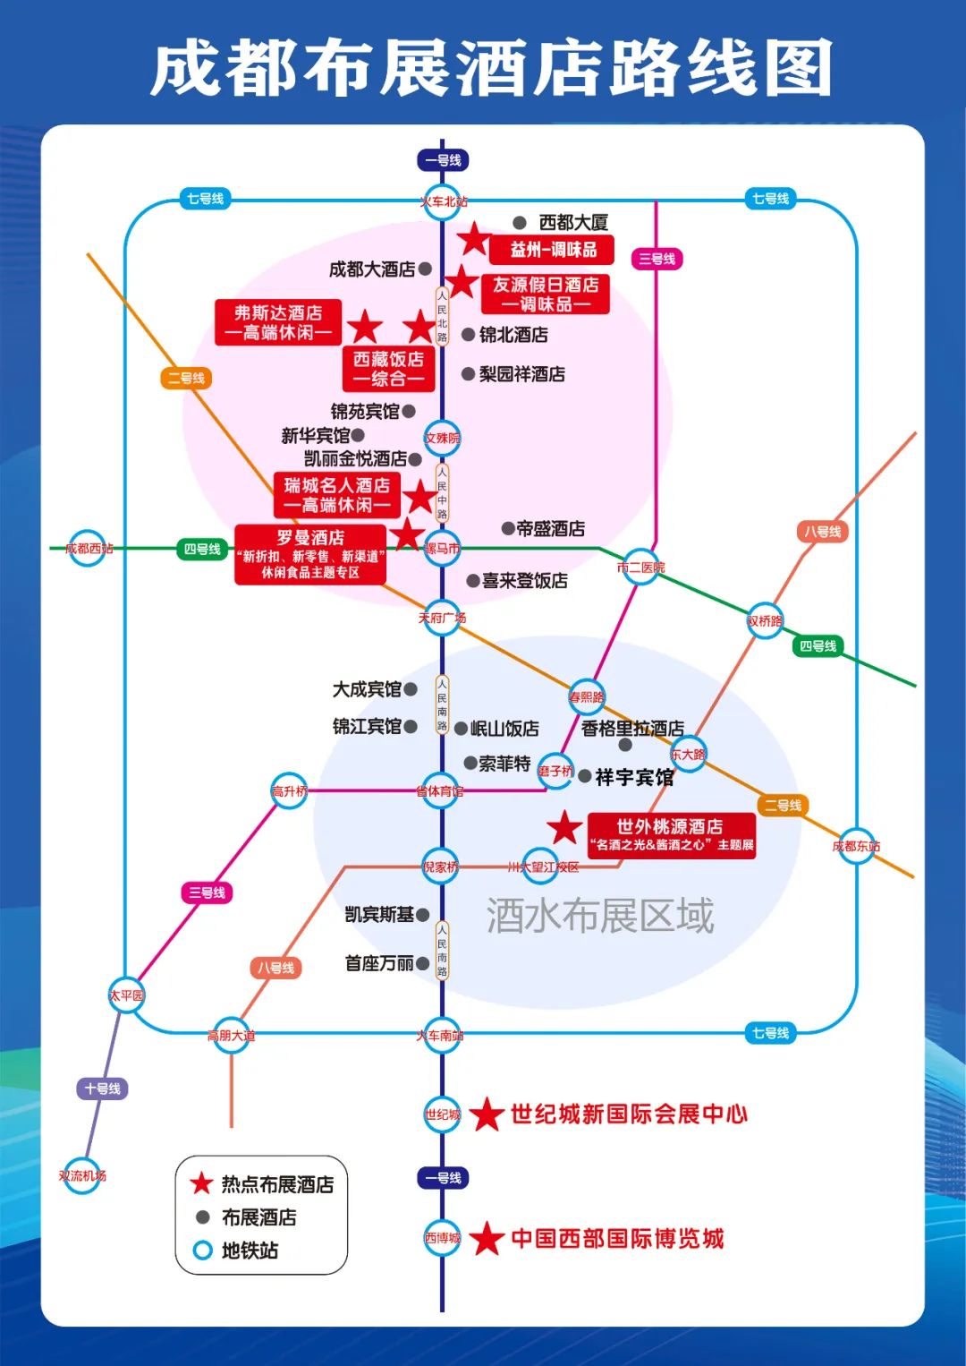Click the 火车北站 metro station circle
[x=443, y=201]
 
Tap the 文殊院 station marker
[x=442, y=438]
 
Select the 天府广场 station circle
[x=442, y=618]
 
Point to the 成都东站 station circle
[x=856, y=846]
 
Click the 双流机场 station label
[x=82, y=1175]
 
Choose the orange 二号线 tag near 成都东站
[x=783, y=806]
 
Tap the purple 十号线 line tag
[x=103, y=1089]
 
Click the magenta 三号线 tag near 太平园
[x=208, y=892]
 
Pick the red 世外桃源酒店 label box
[x=671, y=835]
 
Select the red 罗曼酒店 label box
[x=310, y=555]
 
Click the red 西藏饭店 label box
[x=389, y=369]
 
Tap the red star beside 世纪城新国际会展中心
[x=487, y=1114]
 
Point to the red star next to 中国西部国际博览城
[x=487, y=1239]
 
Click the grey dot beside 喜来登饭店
[x=473, y=581]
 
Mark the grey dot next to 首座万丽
[x=423, y=964]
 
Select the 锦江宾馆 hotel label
[x=367, y=726]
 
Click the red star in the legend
[x=201, y=1183]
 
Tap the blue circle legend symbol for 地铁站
[x=203, y=1250]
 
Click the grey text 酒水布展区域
[x=600, y=916]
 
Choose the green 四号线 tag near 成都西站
[x=202, y=549]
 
